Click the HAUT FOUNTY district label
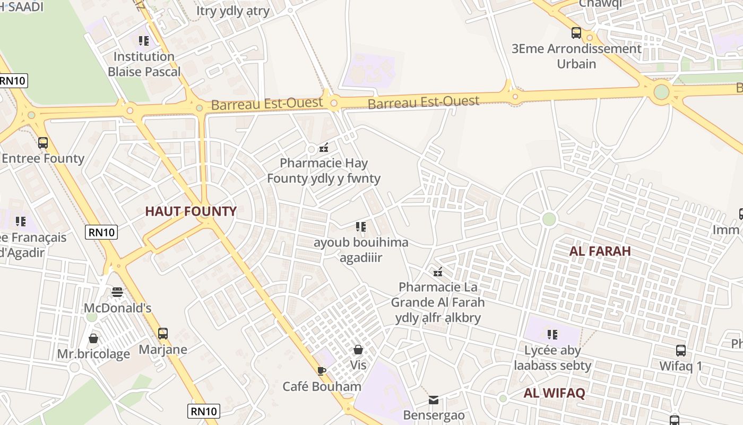coord(191,211)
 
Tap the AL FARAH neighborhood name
coord(600,251)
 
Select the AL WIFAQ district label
coord(554,394)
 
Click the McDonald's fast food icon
coord(117,292)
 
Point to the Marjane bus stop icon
coord(163,334)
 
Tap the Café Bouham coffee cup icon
coord(321,371)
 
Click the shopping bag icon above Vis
coord(358,350)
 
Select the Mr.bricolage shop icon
coord(93,338)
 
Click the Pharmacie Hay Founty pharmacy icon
coord(323,148)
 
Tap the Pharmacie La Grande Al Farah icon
coord(438,272)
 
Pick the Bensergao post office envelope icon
coord(434,400)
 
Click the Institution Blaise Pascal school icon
coord(144,41)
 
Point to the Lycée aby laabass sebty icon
coord(552,335)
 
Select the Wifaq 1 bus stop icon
coord(681,351)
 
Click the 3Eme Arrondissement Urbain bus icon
coord(576,33)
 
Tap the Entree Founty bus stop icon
coord(43,143)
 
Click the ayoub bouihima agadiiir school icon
coord(361,227)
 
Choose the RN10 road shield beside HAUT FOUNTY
coord(101,232)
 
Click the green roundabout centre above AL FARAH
coord(549,219)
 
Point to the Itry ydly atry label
coord(233,11)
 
